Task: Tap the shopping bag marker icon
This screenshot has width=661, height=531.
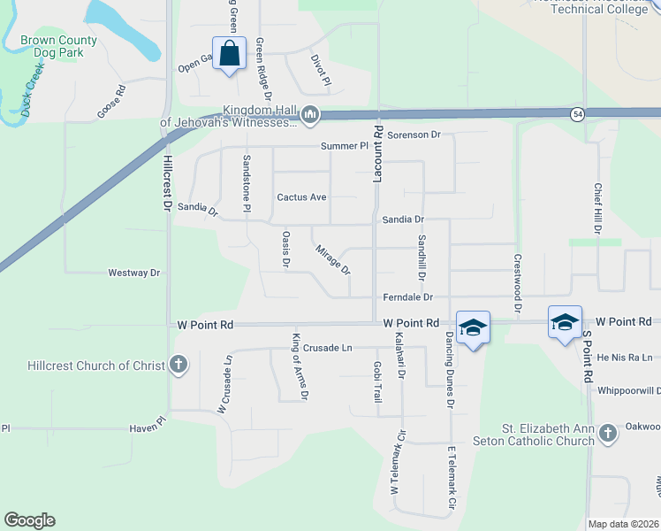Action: (x=229, y=53)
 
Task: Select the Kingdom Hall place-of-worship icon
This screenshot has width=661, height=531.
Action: (x=310, y=115)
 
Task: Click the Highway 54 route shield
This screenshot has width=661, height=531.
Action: (x=577, y=114)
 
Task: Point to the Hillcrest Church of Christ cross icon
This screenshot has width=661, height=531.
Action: (x=178, y=365)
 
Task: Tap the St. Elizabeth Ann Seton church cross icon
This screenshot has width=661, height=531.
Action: (x=606, y=433)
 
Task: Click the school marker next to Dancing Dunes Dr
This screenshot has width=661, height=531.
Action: (x=473, y=327)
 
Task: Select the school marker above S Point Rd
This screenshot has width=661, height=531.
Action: (x=564, y=321)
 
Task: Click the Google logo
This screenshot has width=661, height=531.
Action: (x=29, y=520)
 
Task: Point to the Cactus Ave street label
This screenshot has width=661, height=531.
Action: (x=301, y=196)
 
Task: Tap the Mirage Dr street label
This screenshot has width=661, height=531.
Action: (x=333, y=259)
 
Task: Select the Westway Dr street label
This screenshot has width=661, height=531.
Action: (x=133, y=273)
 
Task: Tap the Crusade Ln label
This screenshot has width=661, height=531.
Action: (x=327, y=348)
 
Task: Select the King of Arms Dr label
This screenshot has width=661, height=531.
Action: (x=299, y=366)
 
